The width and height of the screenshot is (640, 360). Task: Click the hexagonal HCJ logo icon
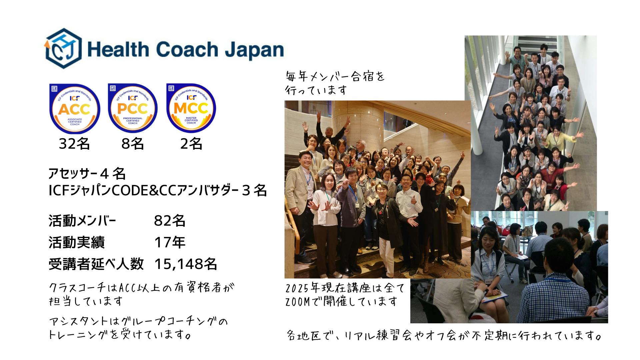coord(63,49)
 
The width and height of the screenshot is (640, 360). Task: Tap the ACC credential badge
coord(75,108)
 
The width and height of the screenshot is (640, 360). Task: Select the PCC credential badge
coord(133,108)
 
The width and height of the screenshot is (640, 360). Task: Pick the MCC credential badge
coord(191,108)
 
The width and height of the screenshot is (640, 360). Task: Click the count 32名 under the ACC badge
coord(74,144)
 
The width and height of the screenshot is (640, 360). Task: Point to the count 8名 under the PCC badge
coord(133,144)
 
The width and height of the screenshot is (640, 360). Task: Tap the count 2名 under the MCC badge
coord(191,144)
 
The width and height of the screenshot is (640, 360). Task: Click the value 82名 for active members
coord(170,221)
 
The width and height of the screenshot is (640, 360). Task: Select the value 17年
coord(170,242)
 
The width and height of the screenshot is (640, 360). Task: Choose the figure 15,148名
coord(186,264)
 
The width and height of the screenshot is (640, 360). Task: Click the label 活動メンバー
coord(82,221)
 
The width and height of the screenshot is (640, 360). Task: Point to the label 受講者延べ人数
coord(96,264)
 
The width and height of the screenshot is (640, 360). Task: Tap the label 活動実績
coord(77,242)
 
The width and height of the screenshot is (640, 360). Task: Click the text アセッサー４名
coord(87,173)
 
